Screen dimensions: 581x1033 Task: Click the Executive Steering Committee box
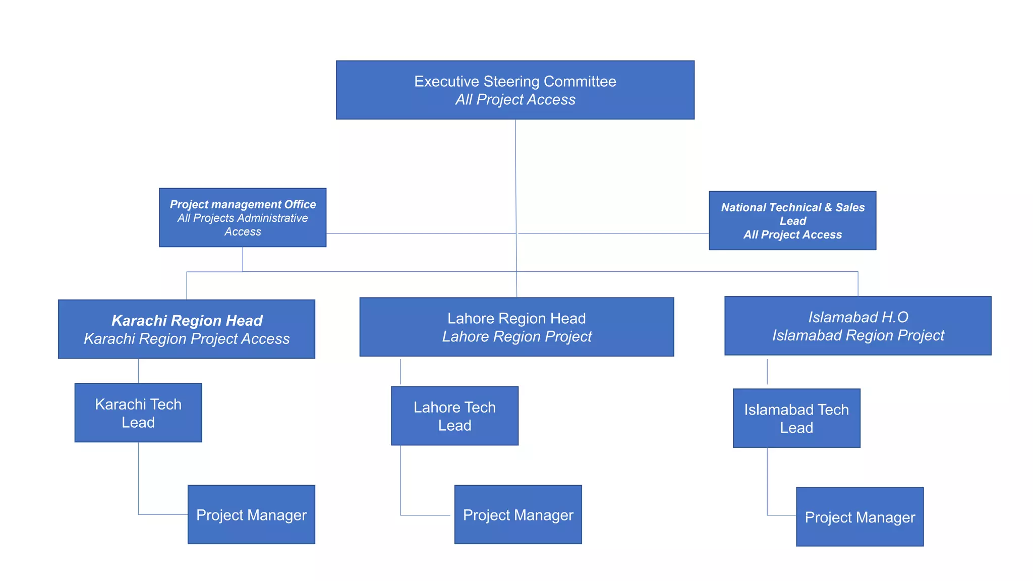[515, 90]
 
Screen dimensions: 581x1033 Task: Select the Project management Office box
[243, 217]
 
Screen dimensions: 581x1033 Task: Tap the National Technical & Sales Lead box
[792, 220]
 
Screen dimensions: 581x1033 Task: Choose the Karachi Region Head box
[187, 329]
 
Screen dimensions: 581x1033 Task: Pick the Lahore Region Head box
[516, 327]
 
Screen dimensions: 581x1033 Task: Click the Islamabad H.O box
[857, 326]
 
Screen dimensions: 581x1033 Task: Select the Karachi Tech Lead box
[138, 413]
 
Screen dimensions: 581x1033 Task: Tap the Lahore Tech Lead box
[454, 416]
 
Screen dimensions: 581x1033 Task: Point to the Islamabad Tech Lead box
[796, 418]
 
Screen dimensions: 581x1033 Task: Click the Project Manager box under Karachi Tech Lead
[251, 514]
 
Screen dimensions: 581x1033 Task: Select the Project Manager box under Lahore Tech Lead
[518, 514]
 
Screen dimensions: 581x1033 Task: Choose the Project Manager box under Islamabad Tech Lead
[859, 516]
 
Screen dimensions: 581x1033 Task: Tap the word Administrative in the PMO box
[274, 218]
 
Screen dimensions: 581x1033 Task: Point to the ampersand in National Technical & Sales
[828, 207]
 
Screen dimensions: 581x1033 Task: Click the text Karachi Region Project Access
[187, 338]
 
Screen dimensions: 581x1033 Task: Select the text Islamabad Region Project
[857, 335]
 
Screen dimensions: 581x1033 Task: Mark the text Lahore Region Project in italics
[516, 336]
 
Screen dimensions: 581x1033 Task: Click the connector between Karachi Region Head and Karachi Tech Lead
[138, 371]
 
